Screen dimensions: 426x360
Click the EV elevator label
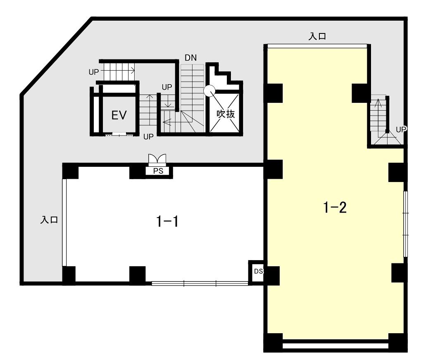coord(119,115)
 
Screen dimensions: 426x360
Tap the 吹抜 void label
coord(226,114)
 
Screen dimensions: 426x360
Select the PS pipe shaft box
coord(158,171)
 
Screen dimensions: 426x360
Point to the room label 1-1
coord(168,221)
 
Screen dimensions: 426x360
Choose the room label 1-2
coord(335,207)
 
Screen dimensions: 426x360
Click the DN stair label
coord(190,57)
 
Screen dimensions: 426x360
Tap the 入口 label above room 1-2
coord(317,36)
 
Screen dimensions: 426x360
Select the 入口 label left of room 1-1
coord(49,220)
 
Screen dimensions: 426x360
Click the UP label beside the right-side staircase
coord(401,130)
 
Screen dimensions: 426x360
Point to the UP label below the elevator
coord(148,137)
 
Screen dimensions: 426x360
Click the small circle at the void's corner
coord(209,91)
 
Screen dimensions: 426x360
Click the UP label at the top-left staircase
coord(94,72)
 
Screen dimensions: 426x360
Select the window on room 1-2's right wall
coord(405,224)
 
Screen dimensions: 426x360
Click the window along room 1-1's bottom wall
coord(200,284)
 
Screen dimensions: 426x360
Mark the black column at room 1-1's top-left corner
coord(70,171)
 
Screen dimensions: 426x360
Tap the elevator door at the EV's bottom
coord(119,134)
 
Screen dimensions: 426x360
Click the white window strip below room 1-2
coord(336,346)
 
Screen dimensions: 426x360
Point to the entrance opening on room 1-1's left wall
coord(64,223)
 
